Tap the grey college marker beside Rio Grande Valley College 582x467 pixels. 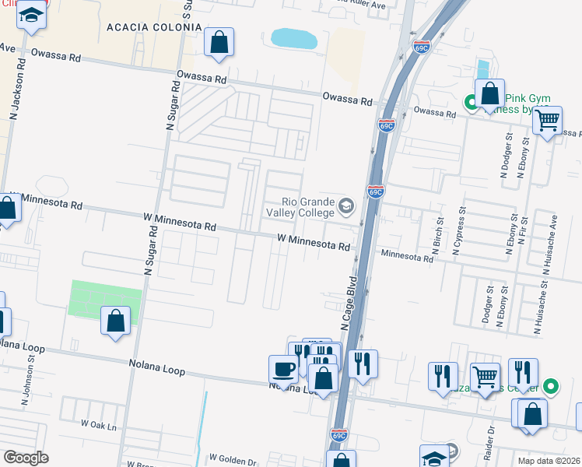pyautogui.click(x=346, y=207)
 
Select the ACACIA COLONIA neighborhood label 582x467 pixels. pyautogui.click(x=154, y=27)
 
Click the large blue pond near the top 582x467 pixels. pyautogui.click(x=293, y=38)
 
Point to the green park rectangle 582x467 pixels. pyautogui.click(x=106, y=299)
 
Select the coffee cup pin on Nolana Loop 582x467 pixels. pyautogui.click(x=282, y=369)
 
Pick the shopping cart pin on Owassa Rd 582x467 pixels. pyautogui.click(x=548, y=121)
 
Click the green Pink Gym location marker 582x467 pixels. pyautogui.click(x=471, y=101)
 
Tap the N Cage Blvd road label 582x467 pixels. pyautogui.click(x=348, y=303)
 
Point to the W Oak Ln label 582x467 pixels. pyautogui.click(x=98, y=425)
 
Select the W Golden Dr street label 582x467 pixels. pyautogui.click(x=232, y=460)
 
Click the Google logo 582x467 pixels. pyautogui.click(x=26, y=458)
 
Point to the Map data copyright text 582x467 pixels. pyautogui.click(x=548, y=461)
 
